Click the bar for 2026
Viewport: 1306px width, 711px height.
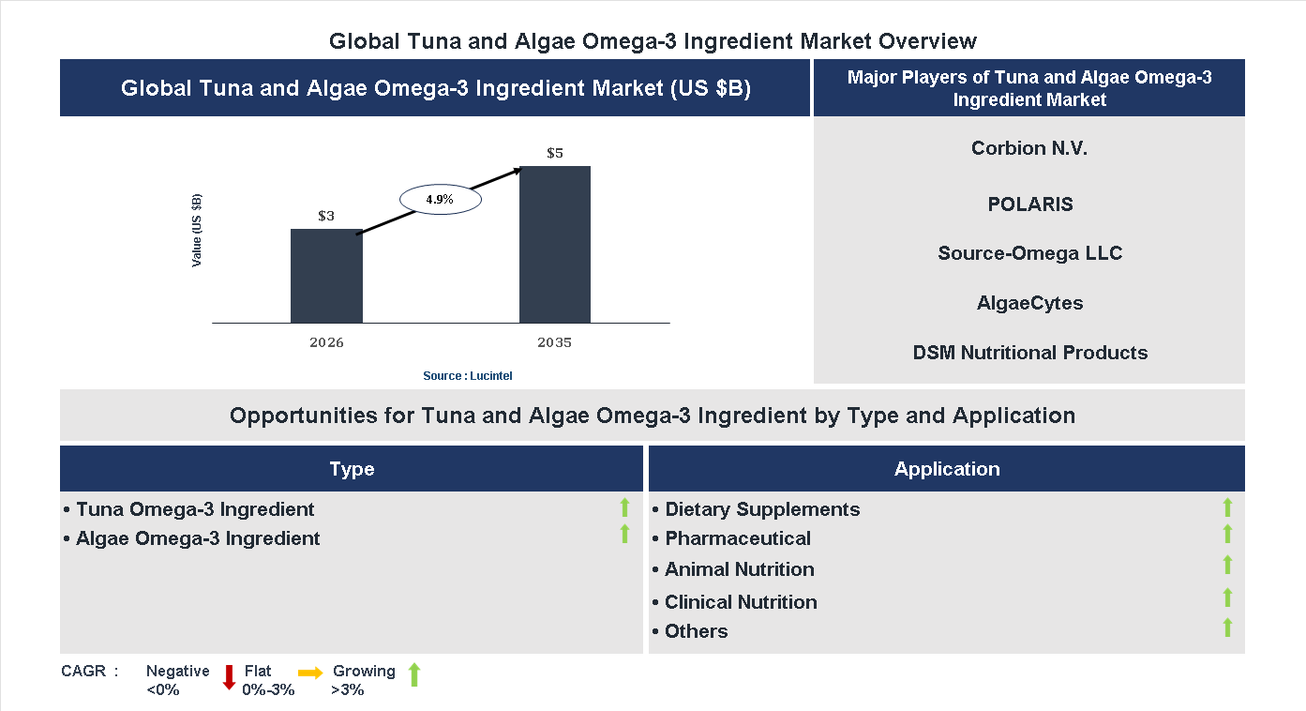pyautogui.click(x=326, y=276)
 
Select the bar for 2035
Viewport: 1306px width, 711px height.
pyautogui.click(x=555, y=245)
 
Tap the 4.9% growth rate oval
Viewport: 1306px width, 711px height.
pyautogui.click(x=441, y=199)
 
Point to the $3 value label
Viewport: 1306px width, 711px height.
pyautogui.click(x=326, y=216)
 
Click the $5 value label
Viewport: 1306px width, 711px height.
pyautogui.click(x=555, y=153)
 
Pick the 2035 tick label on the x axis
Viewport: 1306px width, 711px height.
pyautogui.click(x=555, y=342)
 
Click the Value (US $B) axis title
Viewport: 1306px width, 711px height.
pyautogui.click(x=197, y=230)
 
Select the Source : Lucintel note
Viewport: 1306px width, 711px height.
pyautogui.click(x=468, y=375)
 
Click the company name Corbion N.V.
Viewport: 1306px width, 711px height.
pyautogui.click(x=1029, y=148)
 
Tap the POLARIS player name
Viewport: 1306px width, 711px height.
pyautogui.click(x=1029, y=204)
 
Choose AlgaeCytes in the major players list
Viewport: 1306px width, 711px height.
pyautogui.click(x=1029, y=303)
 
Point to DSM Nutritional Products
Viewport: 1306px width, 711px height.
pyautogui.click(x=1029, y=353)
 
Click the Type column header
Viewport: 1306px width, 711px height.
pyautogui.click(x=352, y=469)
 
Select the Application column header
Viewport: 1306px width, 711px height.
pyautogui.click(x=947, y=469)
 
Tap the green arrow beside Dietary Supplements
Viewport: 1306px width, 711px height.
pyautogui.click(x=1227, y=507)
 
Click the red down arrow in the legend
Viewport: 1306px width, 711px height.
pyautogui.click(x=229, y=677)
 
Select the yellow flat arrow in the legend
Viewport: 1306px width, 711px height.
pyautogui.click(x=310, y=673)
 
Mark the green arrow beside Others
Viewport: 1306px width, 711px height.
pyautogui.click(x=1227, y=628)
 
